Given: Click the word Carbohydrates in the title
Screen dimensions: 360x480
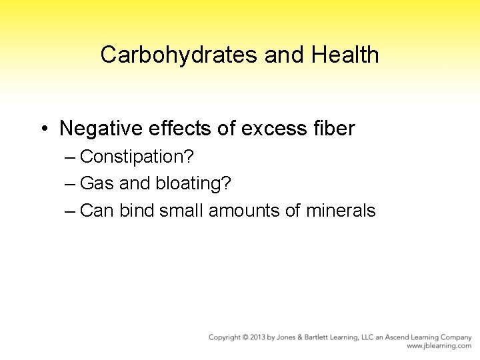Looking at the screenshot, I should point(179,55).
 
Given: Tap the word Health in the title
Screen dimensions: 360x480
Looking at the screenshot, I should point(345,55).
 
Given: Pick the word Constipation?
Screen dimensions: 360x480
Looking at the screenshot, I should point(137,157).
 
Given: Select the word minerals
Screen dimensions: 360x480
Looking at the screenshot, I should point(341,211).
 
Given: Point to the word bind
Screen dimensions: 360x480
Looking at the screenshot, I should point(135,211).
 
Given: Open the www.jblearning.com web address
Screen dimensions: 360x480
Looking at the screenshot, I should point(439,346).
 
